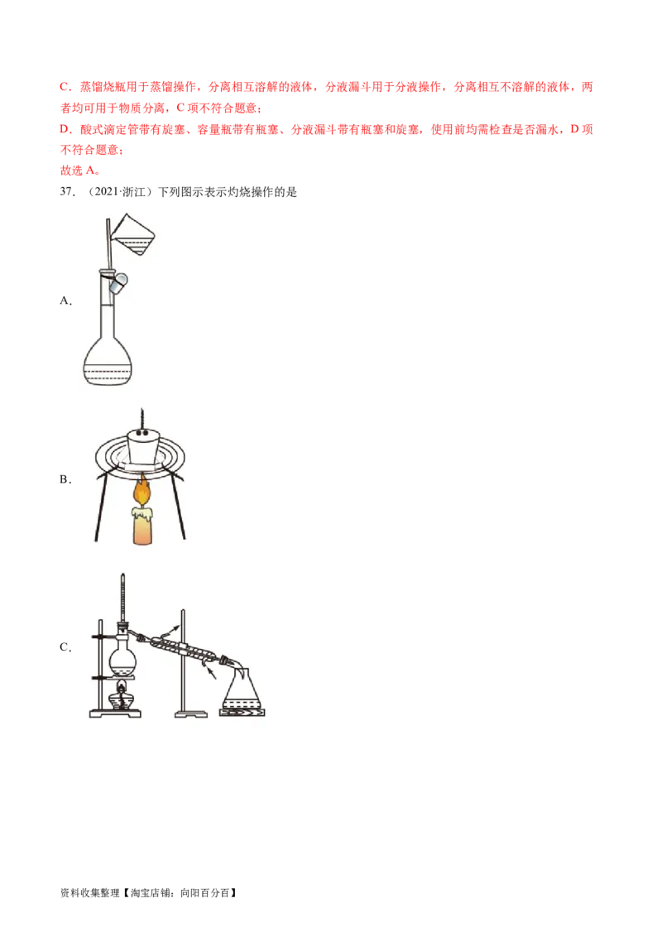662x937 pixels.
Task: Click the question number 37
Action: (x=67, y=192)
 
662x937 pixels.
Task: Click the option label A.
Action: (x=65, y=300)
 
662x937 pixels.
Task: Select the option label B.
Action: (x=65, y=479)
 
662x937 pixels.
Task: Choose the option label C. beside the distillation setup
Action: (x=65, y=647)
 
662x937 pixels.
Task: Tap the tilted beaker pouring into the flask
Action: (x=134, y=234)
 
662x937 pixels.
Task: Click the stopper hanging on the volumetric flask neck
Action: (x=118, y=283)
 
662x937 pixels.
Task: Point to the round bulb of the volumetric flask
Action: (x=108, y=361)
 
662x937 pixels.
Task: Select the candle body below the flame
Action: (x=142, y=526)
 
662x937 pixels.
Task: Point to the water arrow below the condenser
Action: (x=210, y=674)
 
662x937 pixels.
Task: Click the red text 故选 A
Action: (x=80, y=171)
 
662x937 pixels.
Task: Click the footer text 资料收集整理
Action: (x=89, y=893)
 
